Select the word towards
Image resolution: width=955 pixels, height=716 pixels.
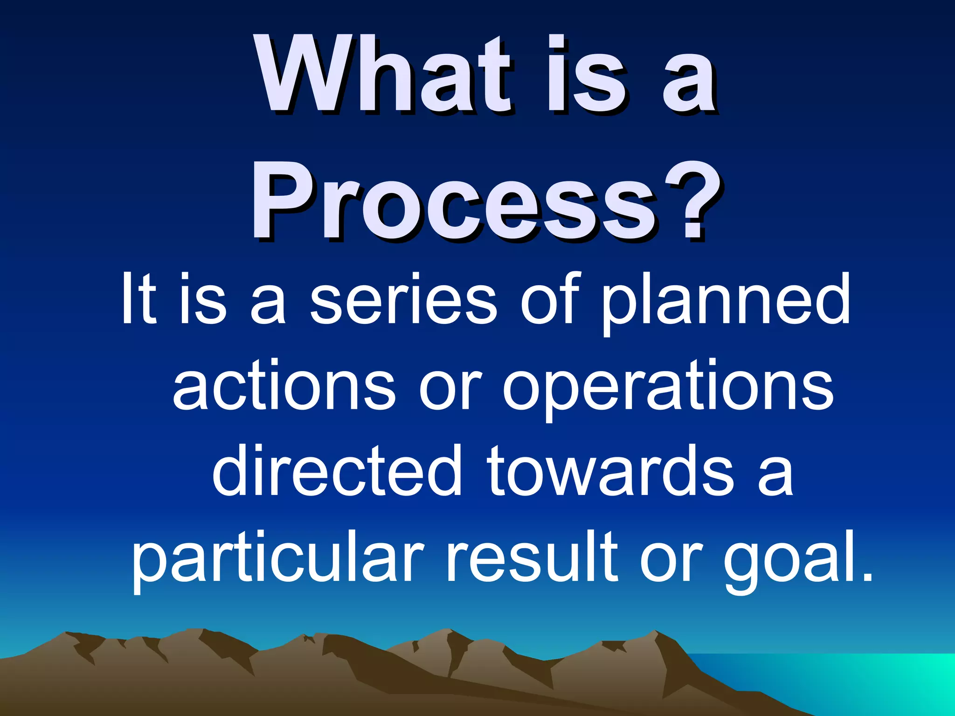tap(611, 471)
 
